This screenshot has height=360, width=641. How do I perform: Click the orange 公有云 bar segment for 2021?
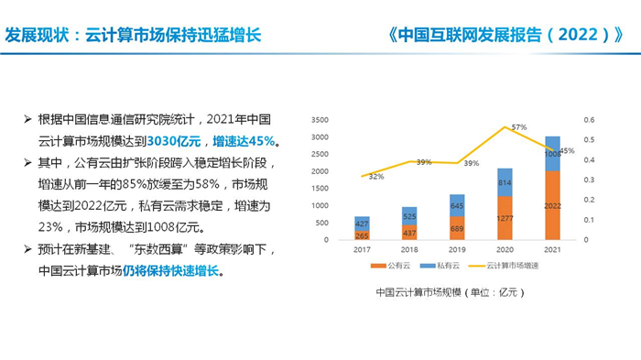(x=553, y=205)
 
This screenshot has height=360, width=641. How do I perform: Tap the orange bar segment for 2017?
(x=362, y=235)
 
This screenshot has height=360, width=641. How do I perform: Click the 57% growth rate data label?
(x=518, y=126)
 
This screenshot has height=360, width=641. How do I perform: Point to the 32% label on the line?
(x=375, y=177)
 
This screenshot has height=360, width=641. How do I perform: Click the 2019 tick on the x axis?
(x=456, y=248)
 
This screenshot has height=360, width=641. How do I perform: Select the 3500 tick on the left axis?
(x=320, y=120)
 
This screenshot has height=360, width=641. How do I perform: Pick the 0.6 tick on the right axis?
(x=590, y=120)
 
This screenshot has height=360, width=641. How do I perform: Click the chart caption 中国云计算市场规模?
(x=447, y=292)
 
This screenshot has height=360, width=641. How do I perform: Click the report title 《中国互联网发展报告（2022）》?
(x=506, y=36)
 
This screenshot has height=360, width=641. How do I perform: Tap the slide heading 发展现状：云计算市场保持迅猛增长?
(x=134, y=36)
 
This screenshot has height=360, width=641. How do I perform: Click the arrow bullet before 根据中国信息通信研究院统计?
(x=28, y=120)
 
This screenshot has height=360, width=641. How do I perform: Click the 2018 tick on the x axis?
(x=408, y=248)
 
